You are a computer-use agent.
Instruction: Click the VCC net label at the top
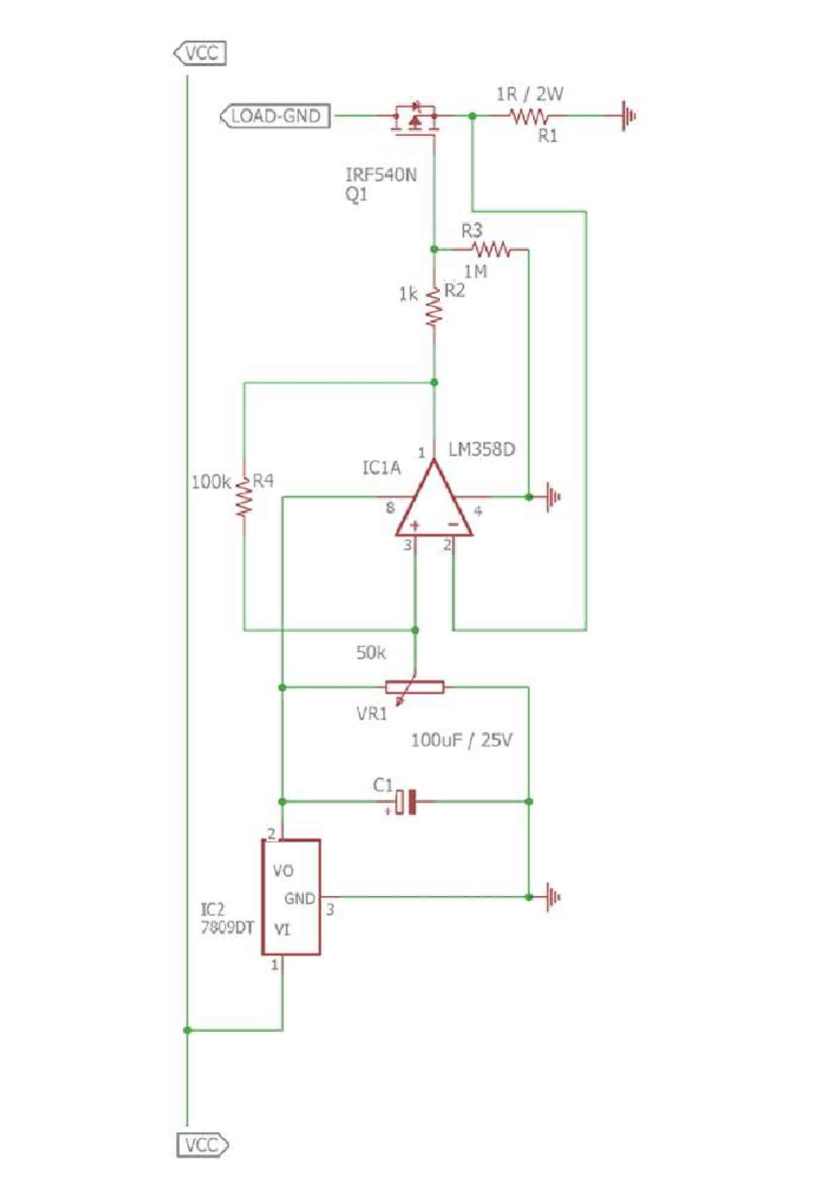200,53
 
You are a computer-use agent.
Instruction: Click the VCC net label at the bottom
202,1145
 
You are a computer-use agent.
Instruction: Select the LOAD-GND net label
276,116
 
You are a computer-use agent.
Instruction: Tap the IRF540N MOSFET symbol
415,117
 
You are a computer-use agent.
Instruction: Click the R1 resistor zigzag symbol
529,116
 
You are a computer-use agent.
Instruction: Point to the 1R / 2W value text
529,94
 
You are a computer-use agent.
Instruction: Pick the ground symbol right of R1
628,116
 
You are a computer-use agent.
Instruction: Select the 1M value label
476,271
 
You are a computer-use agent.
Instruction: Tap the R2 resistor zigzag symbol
434,307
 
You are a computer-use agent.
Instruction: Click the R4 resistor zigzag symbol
243,496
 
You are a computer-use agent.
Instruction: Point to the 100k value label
211,482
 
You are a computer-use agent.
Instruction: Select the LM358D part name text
481,449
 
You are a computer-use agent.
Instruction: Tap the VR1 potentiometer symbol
414,688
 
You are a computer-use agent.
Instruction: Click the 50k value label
370,653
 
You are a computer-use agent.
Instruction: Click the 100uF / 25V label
461,740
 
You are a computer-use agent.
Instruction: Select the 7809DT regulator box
291,897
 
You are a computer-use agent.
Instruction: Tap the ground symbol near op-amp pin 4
553,497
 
